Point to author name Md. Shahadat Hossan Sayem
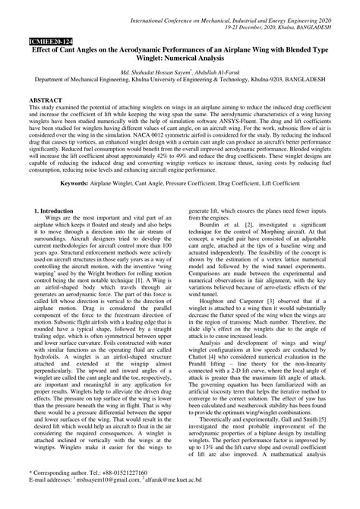click(151, 68)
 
